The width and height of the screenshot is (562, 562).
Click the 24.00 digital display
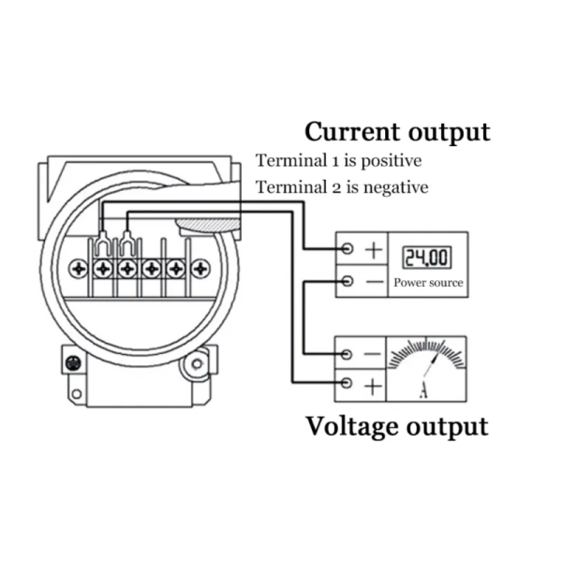pyautogui.click(x=427, y=258)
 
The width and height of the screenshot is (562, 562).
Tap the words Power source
pyautogui.click(x=428, y=283)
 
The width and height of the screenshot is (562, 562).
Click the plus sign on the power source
pyautogui.click(x=374, y=250)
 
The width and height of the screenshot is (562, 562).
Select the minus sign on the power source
pyautogui.click(x=376, y=282)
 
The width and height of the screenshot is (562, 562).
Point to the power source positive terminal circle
pyautogui.click(x=347, y=248)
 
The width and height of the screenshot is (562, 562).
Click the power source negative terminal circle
pyautogui.click(x=347, y=281)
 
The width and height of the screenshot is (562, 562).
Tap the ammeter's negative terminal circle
pyautogui.click(x=346, y=354)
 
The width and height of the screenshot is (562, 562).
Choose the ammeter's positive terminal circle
pyautogui.click(x=346, y=383)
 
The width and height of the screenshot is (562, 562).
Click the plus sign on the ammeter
pyautogui.click(x=373, y=387)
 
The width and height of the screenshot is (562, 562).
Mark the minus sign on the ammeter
pyautogui.click(x=373, y=354)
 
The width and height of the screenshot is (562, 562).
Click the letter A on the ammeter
pyautogui.click(x=423, y=391)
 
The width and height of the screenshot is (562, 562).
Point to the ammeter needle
pyautogui.click(x=432, y=364)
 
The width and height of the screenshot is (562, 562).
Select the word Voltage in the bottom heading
pyautogui.click(x=354, y=427)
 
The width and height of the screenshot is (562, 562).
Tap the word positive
pyautogui.click(x=391, y=161)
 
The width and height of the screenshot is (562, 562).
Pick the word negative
pyautogui.click(x=395, y=187)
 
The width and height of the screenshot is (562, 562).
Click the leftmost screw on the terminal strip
pyautogui.click(x=79, y=269)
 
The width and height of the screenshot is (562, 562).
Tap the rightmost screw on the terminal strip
pyautogui.click(x=200, y=269)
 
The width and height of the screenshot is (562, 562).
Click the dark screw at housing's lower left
pyautogui.click(x=73, y=363)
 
